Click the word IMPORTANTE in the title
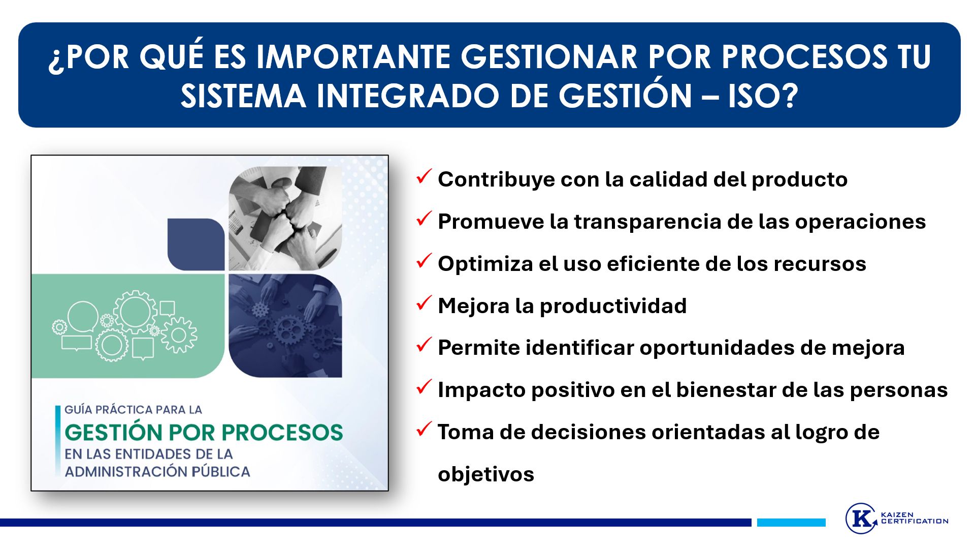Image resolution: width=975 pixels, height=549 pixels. point(353,56)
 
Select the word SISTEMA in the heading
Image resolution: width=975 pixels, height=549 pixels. point(243,96)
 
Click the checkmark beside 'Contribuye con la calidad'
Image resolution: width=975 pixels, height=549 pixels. point(424,176)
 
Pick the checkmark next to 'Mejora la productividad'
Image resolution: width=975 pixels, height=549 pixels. point(424,303)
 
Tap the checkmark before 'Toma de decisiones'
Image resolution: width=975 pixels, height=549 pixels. point(424,429)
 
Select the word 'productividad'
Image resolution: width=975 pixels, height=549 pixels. point(613,307)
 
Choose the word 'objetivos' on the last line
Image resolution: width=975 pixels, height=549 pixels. point(486,475)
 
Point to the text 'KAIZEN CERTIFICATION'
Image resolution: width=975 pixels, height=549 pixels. point(915,518)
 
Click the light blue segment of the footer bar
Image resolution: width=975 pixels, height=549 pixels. point(791,523)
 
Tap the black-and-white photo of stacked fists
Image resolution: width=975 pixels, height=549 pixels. point(285,219)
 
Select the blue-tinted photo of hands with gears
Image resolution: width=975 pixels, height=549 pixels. point(285,326)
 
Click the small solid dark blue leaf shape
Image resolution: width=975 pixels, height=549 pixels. point(196,245)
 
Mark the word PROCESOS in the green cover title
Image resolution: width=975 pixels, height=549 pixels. point(282,433)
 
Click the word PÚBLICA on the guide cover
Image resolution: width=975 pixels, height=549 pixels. point(221,471)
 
